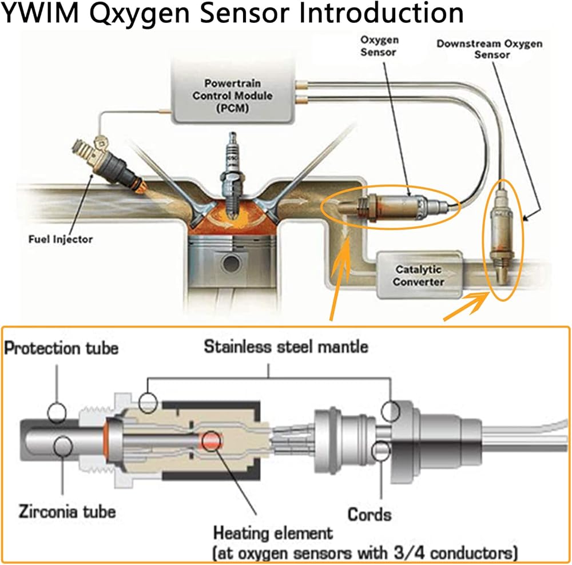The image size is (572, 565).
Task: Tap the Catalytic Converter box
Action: pos(419,274)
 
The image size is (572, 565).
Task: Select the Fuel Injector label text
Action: pos(60,238)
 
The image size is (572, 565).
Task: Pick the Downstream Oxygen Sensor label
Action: pos(489,49)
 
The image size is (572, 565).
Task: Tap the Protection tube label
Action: pos(61,348)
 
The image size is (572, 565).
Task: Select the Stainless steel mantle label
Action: pos(286,346)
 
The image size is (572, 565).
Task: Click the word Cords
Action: pos(370,514)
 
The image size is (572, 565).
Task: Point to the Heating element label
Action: pos(273,534)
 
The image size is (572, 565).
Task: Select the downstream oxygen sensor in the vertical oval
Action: pos(502,237)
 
